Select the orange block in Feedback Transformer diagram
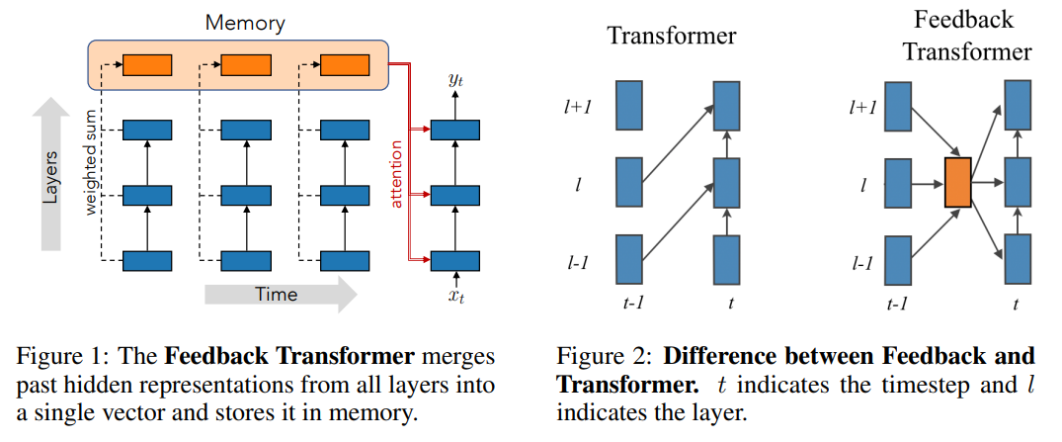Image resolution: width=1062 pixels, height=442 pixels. click(x=957, y=182)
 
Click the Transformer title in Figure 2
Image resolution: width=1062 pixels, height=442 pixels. click(x=671, y=37)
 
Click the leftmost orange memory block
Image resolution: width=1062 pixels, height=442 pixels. click(x=146, y=65)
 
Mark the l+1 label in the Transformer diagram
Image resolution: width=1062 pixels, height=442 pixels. click(x=578, y=106)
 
